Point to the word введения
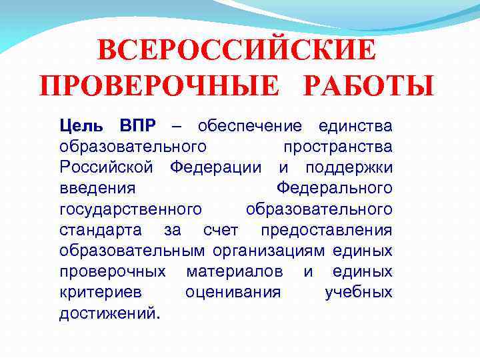97,189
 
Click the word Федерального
334,189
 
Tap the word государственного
130,210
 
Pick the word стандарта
101,231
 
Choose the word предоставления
327,231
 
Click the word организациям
269,251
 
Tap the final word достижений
109,313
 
